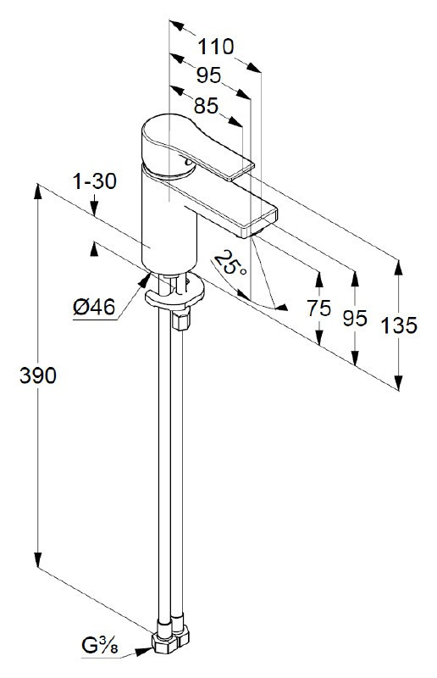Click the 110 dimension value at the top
tap(216, 46)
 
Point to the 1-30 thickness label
tap(94, 181)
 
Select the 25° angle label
tap(230, 264)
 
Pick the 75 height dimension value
tap(319, 308)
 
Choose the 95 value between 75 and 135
tap(355, 318)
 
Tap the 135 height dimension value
tap(398, 325)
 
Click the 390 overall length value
tap(37, 375)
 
